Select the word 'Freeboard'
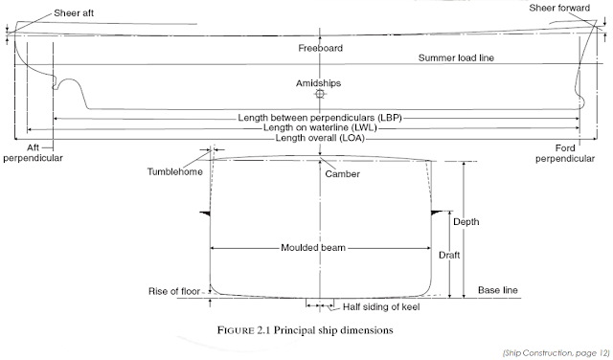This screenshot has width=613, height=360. [320, 47]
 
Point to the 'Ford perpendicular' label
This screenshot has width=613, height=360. [579, 152]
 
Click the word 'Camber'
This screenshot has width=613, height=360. [342, 174]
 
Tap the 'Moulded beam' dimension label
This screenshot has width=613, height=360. [313, 247]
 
